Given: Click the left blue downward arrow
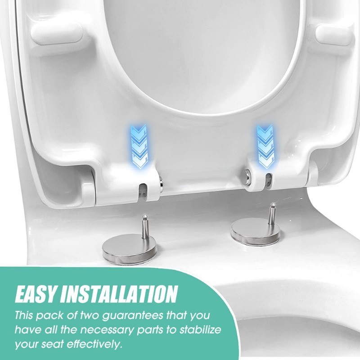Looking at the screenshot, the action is click(x=139, y=146).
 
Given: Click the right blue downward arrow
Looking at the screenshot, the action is click(x=265, y=146).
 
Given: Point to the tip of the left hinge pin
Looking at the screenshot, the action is click(x=144, y=215).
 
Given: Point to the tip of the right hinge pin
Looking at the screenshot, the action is click(x=273, y=203).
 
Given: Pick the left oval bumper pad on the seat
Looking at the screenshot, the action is click(x=57, y=34).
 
